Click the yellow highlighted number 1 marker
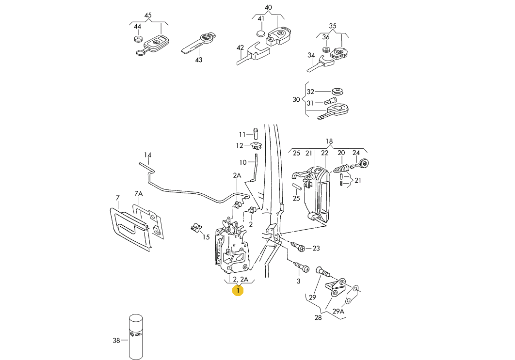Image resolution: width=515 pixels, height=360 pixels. (238, 290)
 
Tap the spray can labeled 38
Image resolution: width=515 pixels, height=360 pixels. (136, 337)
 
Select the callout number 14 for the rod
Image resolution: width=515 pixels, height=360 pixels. (147, 155)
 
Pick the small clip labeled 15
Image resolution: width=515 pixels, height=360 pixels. (196, 227)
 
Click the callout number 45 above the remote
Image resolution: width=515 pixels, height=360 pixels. (148, 15)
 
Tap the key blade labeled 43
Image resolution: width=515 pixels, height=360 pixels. (199, 43)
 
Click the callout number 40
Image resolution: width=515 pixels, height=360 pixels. (268, 7)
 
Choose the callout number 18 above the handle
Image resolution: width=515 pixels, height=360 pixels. (329, 141)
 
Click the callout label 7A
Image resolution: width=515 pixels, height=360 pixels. (138, 194)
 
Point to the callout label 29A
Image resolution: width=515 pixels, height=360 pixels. (338, 312)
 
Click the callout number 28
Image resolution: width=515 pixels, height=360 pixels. (318, 318)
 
